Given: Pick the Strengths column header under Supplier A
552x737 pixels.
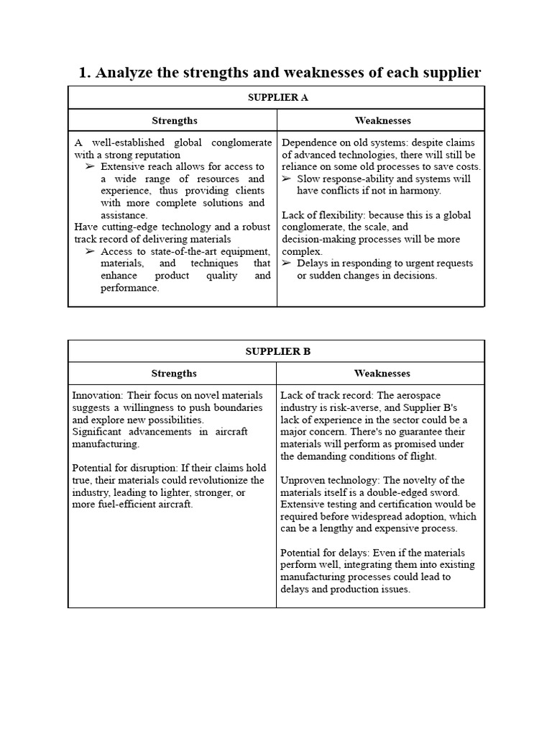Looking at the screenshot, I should click(x=174, y=120).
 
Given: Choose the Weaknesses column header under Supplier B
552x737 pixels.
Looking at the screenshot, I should click(x=382, y=374).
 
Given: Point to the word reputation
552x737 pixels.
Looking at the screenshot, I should click(x=156, y=155).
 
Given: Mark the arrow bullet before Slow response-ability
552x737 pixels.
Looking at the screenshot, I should click(x=287, y=178).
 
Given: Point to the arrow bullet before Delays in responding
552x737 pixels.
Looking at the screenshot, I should click(x=287, y=263).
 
